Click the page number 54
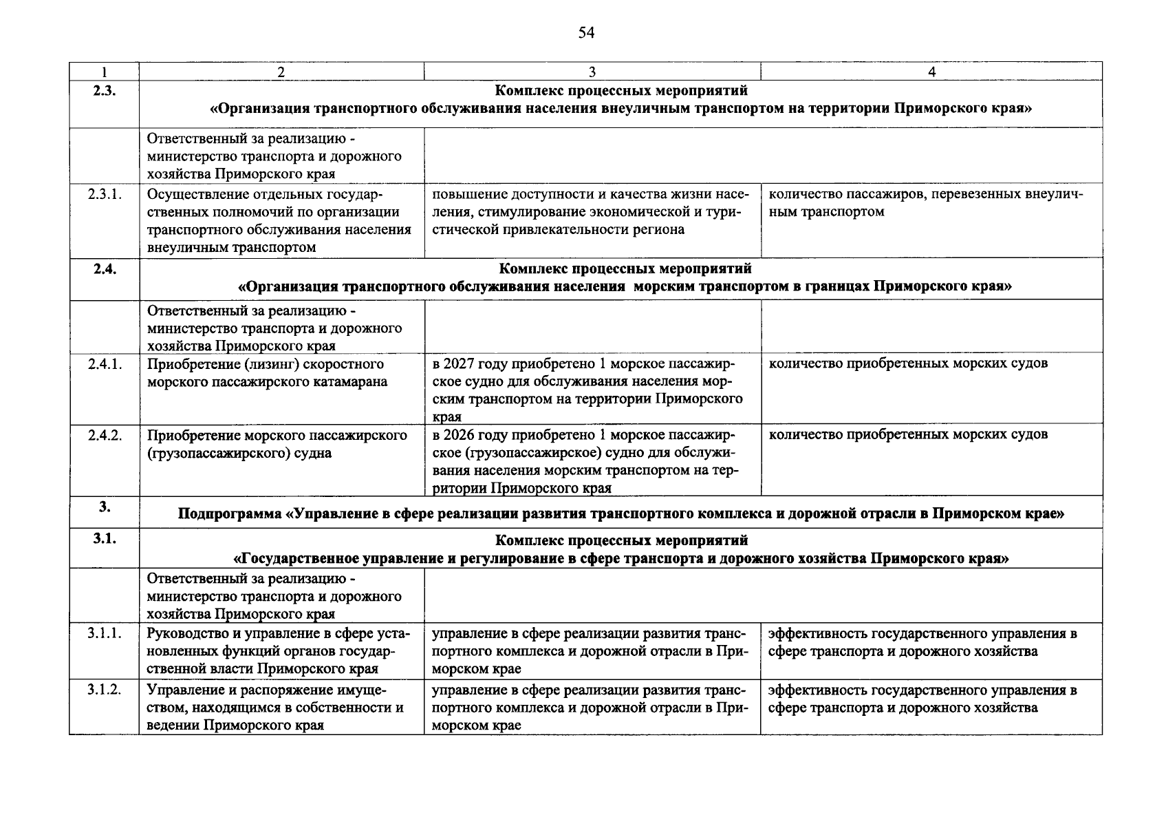pos(586,33)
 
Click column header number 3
pos(592,72)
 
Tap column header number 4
pos(931,72)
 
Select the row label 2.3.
pos(104,91)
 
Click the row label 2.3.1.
pos(105,194)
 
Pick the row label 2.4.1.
pos(105,364)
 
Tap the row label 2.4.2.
pos(105,436)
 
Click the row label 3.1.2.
pos(105,690)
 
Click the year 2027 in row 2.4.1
pos(460,363)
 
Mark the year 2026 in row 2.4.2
pos(460,435)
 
